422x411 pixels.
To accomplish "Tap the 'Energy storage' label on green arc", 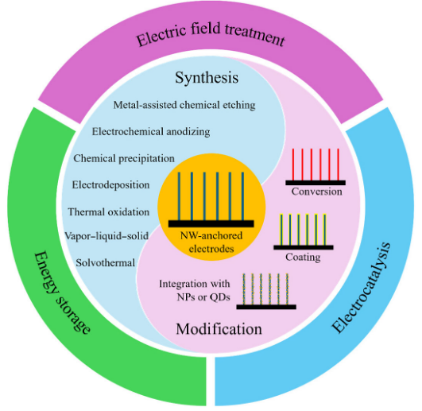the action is pyautogui.click(x=63, y=293).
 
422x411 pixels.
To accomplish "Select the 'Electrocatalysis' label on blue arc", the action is pyautogui.click(x=361, y=287).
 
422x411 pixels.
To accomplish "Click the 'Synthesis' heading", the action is pyautogui.click(x=207, y=78).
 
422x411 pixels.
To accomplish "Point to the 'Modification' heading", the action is pyautogui.click(x=219, y=328).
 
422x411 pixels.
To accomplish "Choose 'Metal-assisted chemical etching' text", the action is pyautogui.click(x=184, y=105).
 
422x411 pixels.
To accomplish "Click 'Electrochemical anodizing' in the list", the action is pyautogui.click(x=151, y=132).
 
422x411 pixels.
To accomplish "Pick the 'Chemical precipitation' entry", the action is pyautogui.click(x=124, y=158).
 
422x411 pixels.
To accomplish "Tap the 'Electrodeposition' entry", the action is pyautogui.click(x=111, y=185).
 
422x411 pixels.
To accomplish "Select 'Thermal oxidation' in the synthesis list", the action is pyautogui.click(x=109, y=211).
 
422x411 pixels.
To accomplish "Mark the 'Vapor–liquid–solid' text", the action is pyautogui.click(x=106, y=236).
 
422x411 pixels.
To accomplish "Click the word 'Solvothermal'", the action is pyautogui.click(x=106, y=262).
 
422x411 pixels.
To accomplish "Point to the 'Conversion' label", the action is pyautogui.click(x=317, y=192).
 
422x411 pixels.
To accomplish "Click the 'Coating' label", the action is pyautogui.click(x=303, y=257).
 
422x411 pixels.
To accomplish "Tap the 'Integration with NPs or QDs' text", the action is pyautogui.click(x=195, y=290).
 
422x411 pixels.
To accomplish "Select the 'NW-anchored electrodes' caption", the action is pyautogui.click(x=211, y=242).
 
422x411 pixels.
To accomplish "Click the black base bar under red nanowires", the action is pyautogui.click(x=316, y=183).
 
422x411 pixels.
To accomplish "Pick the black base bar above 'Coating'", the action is pyautogui.click(x=304, y=247).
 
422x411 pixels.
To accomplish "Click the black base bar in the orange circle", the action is pyautogui.click(x=211, y=223).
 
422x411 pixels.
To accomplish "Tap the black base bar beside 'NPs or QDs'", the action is pyautogui.click(x=266, y=307).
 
